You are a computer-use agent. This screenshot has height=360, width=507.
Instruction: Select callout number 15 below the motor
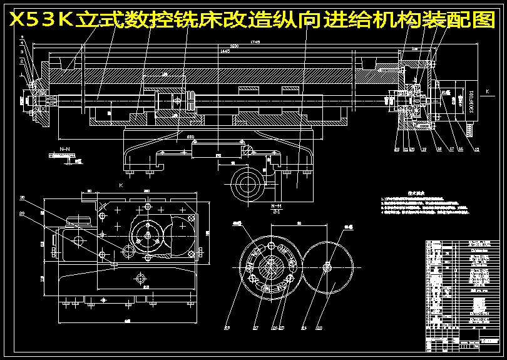(476, 149)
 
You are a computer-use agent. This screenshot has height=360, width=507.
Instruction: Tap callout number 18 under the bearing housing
(439, 149)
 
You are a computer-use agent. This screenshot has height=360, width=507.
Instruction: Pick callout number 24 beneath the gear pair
(304, 327)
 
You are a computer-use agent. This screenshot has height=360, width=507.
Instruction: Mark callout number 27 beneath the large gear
(255, 327)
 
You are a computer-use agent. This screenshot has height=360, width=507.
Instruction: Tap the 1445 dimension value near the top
(224, 51)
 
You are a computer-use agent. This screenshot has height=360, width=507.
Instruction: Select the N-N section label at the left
(64, 150)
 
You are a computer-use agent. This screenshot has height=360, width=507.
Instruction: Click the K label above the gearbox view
(121, 185)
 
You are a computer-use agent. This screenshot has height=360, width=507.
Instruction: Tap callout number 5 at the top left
(22, 38)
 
